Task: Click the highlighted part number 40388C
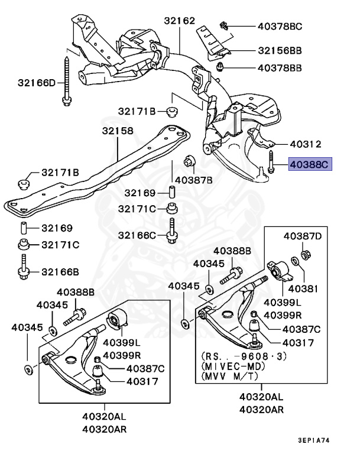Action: (310, 164)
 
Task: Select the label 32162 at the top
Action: (179, 21)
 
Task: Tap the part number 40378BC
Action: (280, 26)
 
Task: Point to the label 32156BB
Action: (280, 51)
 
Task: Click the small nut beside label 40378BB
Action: (220, 66)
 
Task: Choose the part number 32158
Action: (116, 130)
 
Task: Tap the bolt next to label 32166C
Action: (172, 232)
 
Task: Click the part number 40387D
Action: (303, 236)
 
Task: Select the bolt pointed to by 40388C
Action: (270, 163)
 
